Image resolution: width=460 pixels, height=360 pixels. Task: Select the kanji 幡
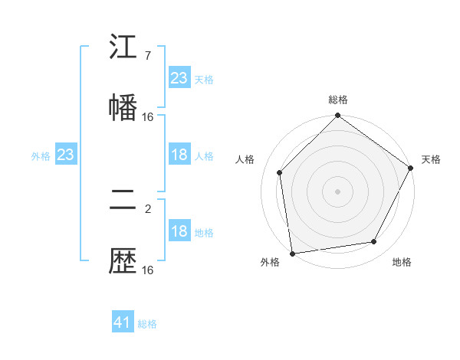point(123,106)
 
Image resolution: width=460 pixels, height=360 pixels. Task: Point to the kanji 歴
point(123,262)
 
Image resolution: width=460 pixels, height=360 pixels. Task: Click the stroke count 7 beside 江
point(147,57)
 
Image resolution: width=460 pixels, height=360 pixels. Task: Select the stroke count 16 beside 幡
point(148,116)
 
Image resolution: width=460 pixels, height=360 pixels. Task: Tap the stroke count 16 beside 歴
point(148,270)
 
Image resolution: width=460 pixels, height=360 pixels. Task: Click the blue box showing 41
point(123,322)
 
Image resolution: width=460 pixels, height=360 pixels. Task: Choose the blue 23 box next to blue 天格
point(179,77)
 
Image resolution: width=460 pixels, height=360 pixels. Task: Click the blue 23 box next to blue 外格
point(65,155)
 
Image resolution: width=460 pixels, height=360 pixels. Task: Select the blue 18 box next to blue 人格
point(179,155)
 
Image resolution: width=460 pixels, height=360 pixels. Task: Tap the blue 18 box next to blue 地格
point(179,232)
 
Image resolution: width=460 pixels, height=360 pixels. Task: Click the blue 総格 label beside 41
point(147,324)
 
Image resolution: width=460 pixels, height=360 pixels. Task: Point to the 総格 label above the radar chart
point(337,100)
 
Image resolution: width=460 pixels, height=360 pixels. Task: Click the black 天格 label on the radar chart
point(431,159)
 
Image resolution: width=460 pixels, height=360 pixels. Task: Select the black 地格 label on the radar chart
point(402,263)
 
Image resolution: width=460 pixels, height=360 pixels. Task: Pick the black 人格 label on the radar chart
point(245,159)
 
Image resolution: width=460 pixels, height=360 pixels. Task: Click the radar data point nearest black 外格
point(292,253)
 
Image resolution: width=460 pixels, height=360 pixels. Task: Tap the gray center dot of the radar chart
point(337,191)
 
